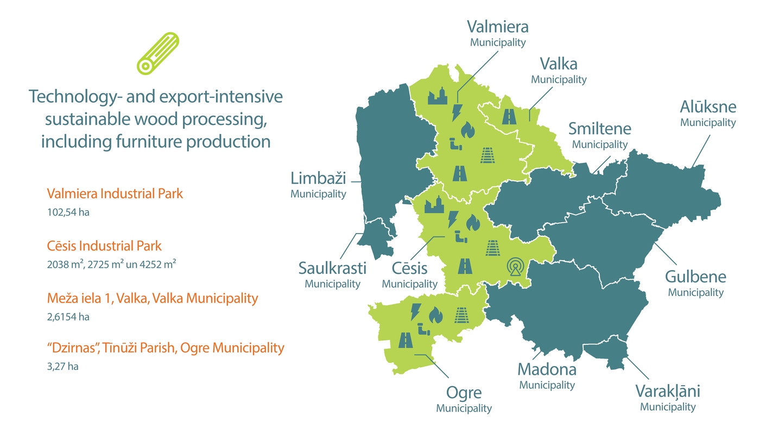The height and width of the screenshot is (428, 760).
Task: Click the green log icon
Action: coord(157,53)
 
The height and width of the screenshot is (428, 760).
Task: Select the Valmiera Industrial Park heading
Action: coord(115,193)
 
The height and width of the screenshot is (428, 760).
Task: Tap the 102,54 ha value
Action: coord(68,212)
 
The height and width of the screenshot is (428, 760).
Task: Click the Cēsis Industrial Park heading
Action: coord(104,246)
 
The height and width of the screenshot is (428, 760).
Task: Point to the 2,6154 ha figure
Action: coord(68,317)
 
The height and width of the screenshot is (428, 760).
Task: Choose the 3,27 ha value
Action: coord(63,367)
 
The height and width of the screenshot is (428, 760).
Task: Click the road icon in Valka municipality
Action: coord(510,116)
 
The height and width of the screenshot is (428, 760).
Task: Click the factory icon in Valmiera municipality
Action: coord(438,96)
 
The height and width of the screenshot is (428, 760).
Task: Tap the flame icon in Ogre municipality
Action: coord(434,314)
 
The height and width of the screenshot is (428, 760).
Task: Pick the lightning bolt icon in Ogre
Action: coord(415,311)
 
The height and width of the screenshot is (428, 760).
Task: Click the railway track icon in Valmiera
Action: coord(487,155)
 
